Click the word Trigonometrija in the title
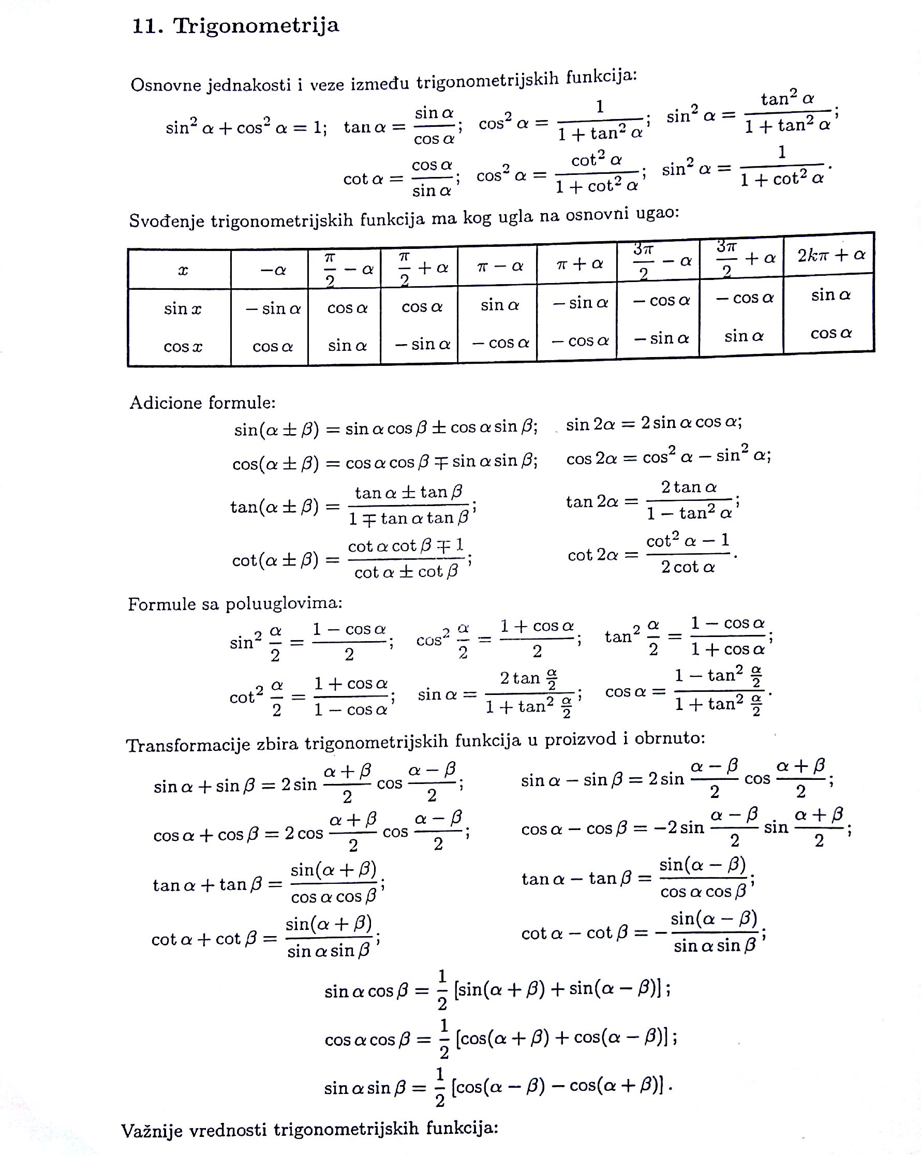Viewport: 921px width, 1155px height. point(256,25)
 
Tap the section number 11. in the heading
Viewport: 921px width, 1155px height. point(147,26)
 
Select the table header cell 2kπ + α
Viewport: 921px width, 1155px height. point(831,255)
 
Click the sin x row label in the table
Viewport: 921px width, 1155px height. point(182,308)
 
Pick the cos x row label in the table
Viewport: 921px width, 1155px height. point(182,347)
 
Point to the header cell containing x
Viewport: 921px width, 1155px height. point(182,270)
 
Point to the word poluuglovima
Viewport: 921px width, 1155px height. point(284,603)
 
